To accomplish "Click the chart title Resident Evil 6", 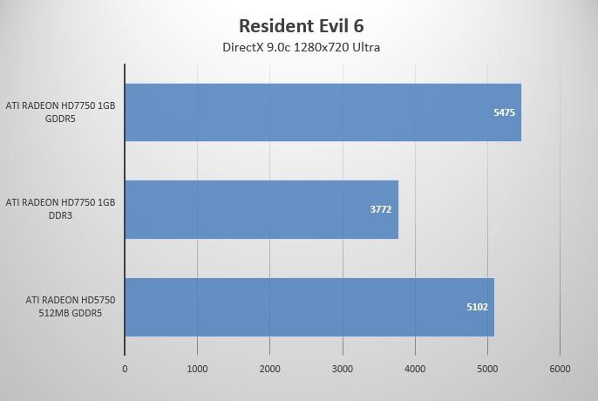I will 299,24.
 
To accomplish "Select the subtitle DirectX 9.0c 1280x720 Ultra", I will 299,46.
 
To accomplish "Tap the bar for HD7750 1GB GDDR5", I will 323,112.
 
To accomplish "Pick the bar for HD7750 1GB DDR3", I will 262,209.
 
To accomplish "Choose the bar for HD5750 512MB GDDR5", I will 309,307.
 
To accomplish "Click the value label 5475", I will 504,112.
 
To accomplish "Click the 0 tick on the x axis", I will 125,369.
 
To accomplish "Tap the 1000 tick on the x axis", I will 197,369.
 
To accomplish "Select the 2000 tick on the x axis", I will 269,369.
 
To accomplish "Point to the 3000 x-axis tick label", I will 342,369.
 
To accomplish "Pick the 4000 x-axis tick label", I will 414,369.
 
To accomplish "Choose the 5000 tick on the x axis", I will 486,369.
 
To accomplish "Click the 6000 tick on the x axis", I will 559,369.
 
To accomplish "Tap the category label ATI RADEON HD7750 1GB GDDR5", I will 60,112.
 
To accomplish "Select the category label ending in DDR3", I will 60,209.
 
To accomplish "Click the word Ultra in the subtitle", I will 364,46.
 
